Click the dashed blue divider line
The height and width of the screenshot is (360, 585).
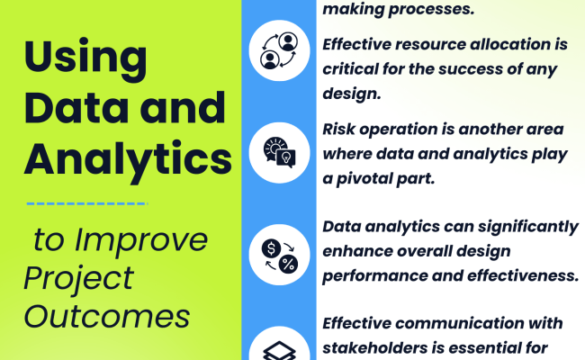(x=86, y=203)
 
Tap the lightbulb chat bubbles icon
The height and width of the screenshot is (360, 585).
(x=279, y=150)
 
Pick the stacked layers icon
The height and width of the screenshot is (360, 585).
(x=279, y=346)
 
